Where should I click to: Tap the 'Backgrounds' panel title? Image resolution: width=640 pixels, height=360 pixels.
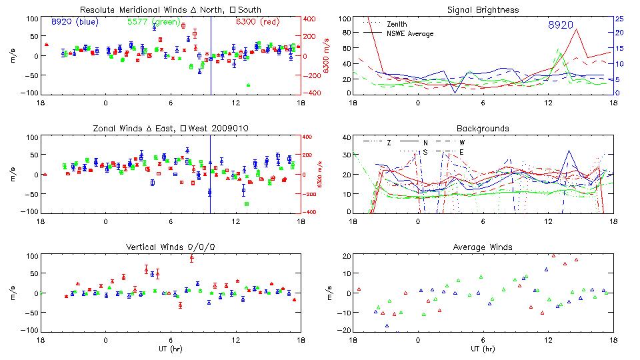point(483,129)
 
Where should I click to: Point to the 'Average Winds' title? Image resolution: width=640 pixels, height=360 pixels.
point(483,247)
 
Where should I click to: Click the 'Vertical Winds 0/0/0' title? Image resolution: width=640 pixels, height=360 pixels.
point(171,247)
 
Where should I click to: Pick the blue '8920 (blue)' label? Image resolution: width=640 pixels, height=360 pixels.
point(74,22)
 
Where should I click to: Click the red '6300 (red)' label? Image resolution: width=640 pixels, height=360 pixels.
point(257,22)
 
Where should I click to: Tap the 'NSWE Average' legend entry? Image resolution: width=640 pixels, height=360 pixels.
point(410,33)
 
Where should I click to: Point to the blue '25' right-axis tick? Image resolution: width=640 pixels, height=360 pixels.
point(619,19)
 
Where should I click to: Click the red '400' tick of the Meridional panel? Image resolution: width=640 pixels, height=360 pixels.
point(310,19)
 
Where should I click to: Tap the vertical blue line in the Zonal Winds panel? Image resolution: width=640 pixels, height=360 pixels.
point(211,175)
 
